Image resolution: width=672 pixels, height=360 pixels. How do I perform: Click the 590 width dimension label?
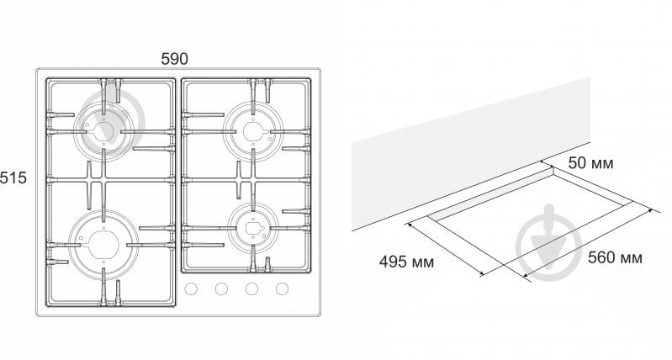tap(174, 59)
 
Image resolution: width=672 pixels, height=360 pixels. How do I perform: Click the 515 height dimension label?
tap(13, 177)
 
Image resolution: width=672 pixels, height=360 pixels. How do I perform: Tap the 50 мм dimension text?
tap(590, 163)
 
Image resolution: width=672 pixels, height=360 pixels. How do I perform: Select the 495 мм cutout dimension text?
tap(406, 262)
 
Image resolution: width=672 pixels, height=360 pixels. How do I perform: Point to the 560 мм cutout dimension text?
tap(615, 257)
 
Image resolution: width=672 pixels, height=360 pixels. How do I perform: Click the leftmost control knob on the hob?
tap(191, 289)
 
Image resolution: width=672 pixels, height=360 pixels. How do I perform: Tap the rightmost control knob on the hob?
tap(282, 289)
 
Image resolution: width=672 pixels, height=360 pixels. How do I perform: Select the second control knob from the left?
tap(221, 289)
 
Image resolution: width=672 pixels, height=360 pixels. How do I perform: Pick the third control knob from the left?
tap(251, 289)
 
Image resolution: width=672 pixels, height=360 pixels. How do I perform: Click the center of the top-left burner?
tap(103, 131)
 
